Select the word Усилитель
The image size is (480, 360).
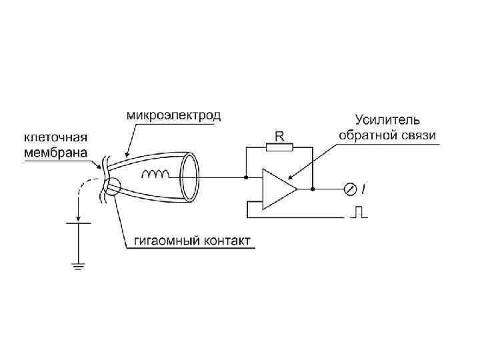[x=387, y=120]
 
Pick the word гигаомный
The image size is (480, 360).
[x=158, y=240]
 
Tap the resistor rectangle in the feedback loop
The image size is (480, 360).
[x=280, y=147]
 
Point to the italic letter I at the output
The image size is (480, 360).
[x=363, y=190]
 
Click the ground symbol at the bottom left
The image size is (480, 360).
[x=79, y=267]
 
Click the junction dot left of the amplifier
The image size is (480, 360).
[x=246, y=177]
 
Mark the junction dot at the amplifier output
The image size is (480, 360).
[x=311, y=189]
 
